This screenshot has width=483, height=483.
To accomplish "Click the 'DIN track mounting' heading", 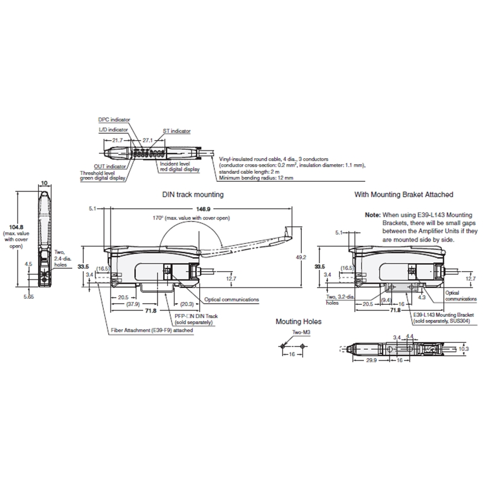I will (x=193, y=195).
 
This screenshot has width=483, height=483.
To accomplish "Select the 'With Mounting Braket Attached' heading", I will (x=403, y=195).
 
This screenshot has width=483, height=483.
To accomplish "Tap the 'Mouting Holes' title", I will (x=299, y=322).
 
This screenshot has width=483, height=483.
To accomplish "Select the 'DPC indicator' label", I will (x=114, y=120).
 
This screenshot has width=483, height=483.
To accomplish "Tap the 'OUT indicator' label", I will (x=110, y=166).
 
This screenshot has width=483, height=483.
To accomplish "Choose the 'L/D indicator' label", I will (x=113, y=129).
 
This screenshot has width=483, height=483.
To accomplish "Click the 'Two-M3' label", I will (x=293, y=333).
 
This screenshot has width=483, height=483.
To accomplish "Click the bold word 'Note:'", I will (x=373, y=215).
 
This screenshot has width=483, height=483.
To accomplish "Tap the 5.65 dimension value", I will (x=28, y=296).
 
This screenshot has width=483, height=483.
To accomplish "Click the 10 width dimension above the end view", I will (x=44, y=182).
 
